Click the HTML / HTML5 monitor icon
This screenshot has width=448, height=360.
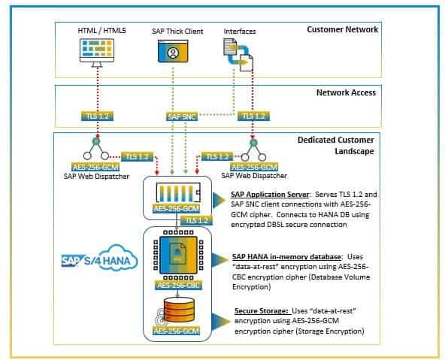[x=97, y=53]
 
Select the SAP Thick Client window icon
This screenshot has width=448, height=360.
[x=173, y=51]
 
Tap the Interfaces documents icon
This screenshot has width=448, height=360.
[x=238, y=55]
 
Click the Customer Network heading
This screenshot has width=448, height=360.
[x=342, y=29]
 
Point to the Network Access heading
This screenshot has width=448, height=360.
[x=346, y=92]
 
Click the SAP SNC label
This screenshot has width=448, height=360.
[x=182, y=116]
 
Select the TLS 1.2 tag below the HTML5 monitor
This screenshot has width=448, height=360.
[x=98, y=116]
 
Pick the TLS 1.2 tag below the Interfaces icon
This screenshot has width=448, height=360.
[x=253, y=116]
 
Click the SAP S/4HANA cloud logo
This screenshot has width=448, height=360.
[x=99, y=258]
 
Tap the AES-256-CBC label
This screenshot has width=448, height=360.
[x=179, y=285]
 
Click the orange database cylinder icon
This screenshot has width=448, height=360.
[x=179, y=310]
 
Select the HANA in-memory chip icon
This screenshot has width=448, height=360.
[x=178, y=255]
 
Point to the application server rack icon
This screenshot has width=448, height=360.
[x=178, y=193]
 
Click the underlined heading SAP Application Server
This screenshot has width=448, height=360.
[x=270, y=195]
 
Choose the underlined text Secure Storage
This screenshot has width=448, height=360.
[x=261, y=311]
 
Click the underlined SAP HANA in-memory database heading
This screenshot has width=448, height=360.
[x=286, y=257]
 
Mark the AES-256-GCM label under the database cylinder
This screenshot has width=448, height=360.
[x=177, y=331]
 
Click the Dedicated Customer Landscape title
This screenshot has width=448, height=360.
[x=336, y=146]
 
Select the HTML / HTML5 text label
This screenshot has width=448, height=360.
[x=101, y=31]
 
